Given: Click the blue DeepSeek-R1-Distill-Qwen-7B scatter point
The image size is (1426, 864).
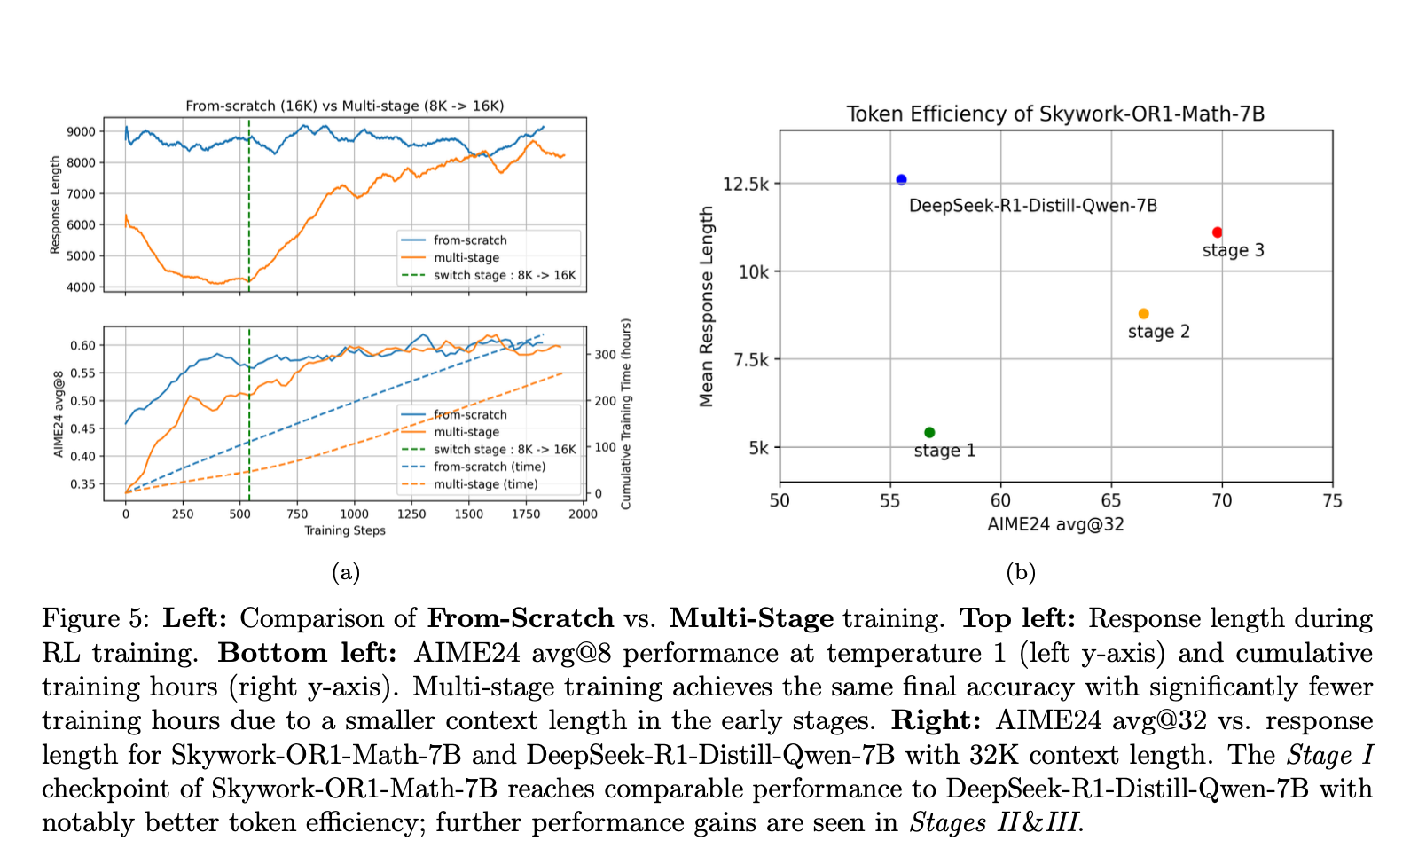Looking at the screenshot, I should pyautogui.click(x=901, y=179).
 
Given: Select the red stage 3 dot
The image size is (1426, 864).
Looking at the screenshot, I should pyautogui.click(x=1217, y=232).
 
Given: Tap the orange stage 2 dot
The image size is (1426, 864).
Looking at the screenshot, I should pyautogui.click(x=1143, y=314).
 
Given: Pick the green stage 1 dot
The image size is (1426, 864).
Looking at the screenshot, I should pyautogui.click(x=929, y=433).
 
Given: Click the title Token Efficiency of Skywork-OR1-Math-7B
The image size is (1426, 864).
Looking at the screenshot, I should pyautogui.click(x=1054, y=114).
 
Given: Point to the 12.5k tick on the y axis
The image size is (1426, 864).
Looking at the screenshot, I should pyautogui.click(x=746, y=184).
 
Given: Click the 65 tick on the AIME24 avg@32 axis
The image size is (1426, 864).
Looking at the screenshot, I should pyautogui.click(x=1111, y=501).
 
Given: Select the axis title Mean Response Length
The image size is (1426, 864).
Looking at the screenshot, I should pyautogui.click(x=707, y=306).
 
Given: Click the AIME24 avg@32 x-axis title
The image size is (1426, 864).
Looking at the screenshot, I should pyautogui.click(x=1055, y=524).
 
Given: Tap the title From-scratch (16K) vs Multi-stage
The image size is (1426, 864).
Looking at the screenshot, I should pyautogui.click(x=344, y=106).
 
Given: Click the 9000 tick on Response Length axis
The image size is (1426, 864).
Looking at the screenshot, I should pyautogui.click(x=81, y=131).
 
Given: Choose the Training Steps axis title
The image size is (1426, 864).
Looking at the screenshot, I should pyautogui.click(x=345, y=530).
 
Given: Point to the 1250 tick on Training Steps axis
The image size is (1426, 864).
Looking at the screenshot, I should pyautogui.click(x=411, y=514).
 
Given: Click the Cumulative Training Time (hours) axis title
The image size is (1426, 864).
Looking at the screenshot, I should pyautogui.click(x=626, y=413).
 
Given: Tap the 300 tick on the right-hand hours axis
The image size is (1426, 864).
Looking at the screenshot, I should pyautogui.click(x=605, y=355).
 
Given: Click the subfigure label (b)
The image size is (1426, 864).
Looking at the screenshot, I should pyautogui.click(x=1021, y=572).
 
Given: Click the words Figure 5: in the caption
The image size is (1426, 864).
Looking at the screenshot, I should pyautogui.click(x=97, y=618).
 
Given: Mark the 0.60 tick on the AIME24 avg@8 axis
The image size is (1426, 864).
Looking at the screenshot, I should pyautogui.click(x=82, y=345).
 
